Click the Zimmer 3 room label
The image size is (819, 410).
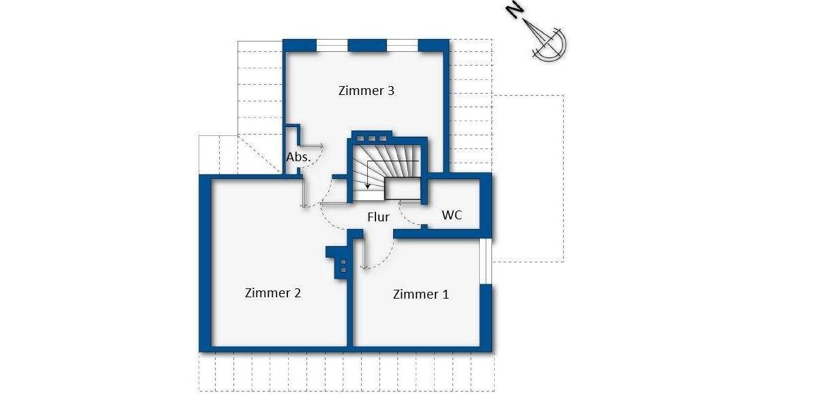point(367,91)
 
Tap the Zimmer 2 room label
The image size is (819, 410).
point(273,293)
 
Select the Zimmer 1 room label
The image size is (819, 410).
point(420,295)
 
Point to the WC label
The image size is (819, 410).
point(452,215)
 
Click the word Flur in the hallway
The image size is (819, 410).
point(378,217)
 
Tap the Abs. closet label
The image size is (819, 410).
point(298,157)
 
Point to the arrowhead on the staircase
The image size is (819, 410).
point(369,185)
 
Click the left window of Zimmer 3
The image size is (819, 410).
point(332,46)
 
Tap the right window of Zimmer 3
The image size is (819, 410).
point(402,46)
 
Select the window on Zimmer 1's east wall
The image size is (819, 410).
point(485,261)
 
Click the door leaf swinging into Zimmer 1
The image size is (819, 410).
point(363,253)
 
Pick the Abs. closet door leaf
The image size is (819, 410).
point(312,146)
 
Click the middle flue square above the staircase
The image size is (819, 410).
point(372,135)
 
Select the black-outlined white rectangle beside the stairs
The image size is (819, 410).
point(402,189)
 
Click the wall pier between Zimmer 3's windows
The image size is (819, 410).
point(367,46)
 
